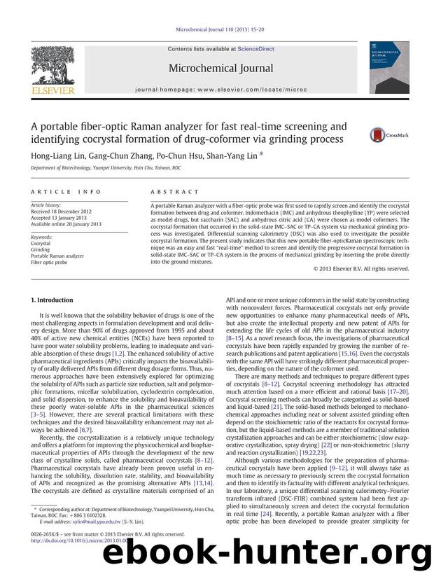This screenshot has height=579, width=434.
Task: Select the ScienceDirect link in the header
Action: (x=256, y=49)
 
